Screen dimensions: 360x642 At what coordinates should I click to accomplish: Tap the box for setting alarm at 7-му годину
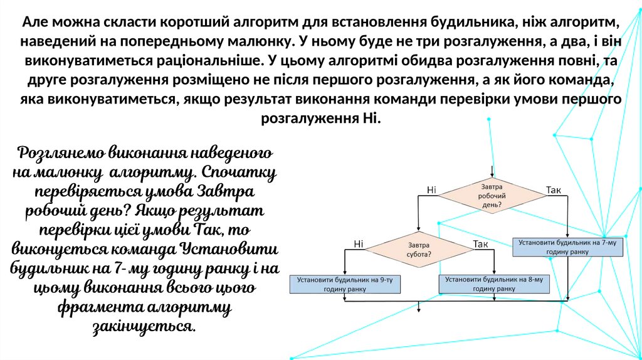point(569,246)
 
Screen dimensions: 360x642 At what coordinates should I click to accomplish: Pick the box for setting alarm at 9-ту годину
point(344,284)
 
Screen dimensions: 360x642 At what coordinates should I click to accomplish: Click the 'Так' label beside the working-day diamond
point(554,189)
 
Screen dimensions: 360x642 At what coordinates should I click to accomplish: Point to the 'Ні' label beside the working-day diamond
point(431,189)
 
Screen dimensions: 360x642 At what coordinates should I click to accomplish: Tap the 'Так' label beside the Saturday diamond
point(480,243)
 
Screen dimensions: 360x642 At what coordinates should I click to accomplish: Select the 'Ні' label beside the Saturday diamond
point(358,243)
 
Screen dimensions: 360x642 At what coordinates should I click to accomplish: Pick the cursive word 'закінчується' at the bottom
point(144,327)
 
